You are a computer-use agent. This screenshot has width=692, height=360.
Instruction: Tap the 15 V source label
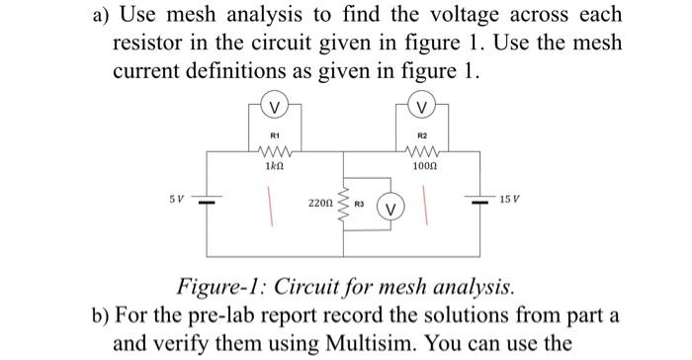[x=515, y=200]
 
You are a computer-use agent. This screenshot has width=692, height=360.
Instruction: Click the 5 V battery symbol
[x=206, y=201]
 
